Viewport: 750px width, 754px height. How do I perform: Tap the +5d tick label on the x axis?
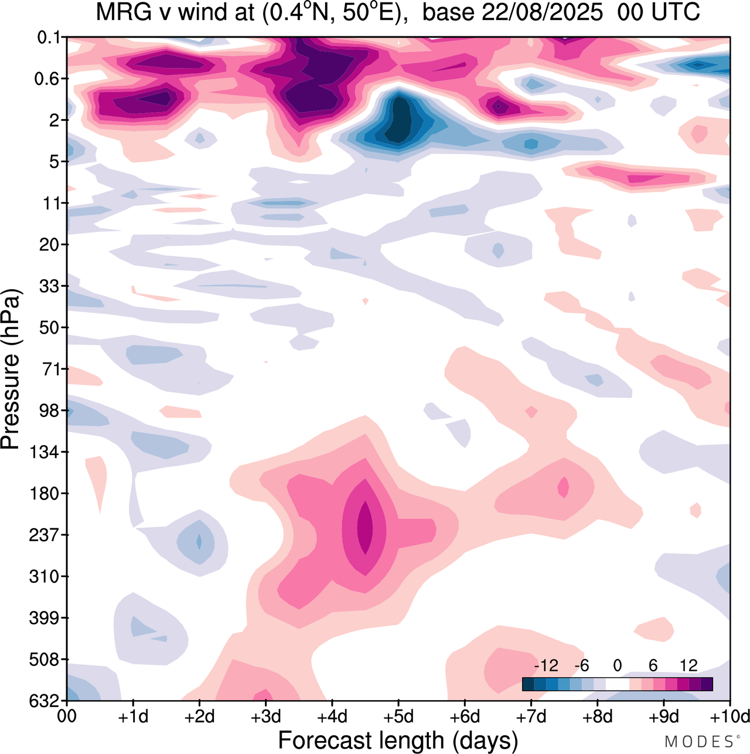(398, 716)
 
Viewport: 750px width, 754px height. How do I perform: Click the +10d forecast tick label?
(729, 716)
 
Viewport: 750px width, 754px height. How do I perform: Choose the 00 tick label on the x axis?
(67, 716)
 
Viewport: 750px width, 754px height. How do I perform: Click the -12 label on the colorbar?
(546, 666)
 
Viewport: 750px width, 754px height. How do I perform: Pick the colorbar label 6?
(653, 666)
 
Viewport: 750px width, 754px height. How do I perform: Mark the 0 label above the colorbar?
(617, 666)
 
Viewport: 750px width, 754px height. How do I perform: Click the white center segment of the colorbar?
(617, 684)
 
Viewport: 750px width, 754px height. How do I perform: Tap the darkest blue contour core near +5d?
(400, 120)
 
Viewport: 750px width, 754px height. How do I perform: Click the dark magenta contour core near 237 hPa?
(364, 527)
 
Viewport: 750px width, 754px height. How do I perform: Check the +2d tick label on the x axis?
(199, 716)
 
